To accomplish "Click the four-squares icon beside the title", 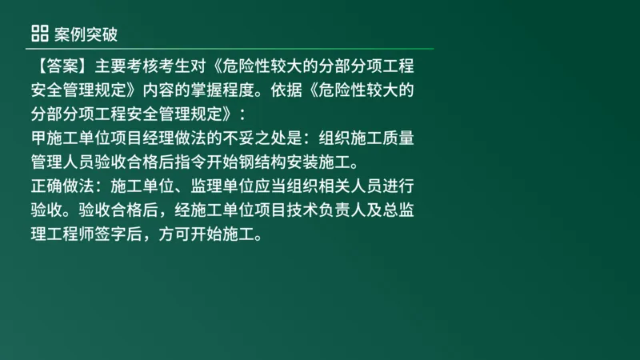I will point(39,33).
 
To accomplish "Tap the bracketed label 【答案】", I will point(60,66).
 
